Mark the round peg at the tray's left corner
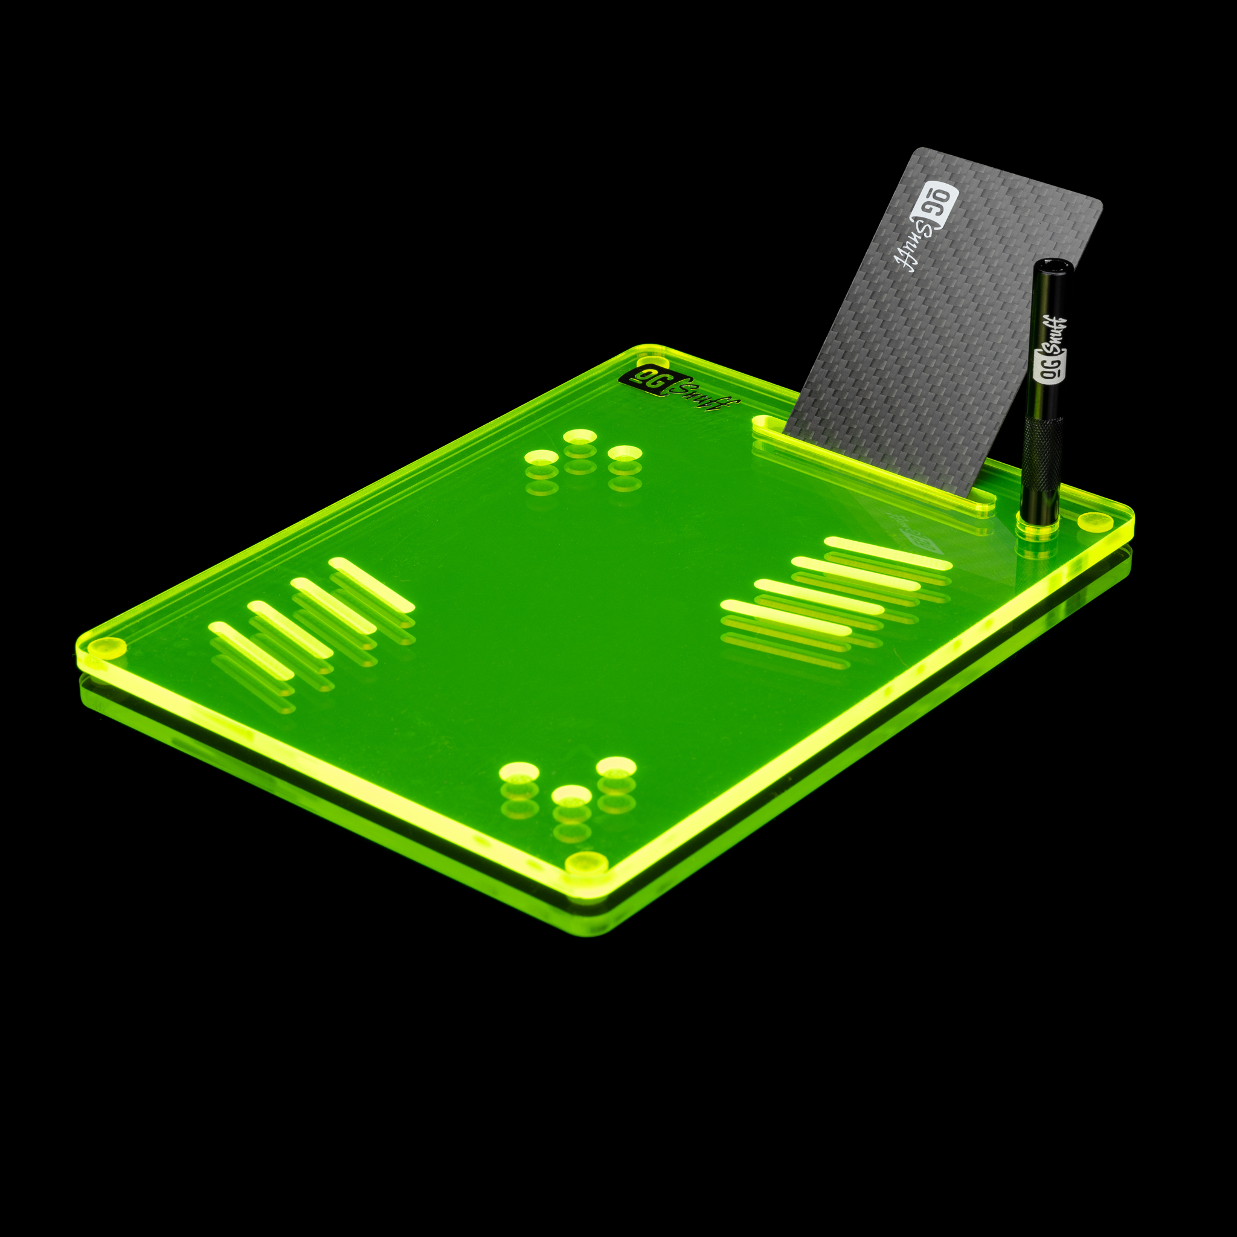click(106, 647)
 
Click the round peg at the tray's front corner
click(586, 863)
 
